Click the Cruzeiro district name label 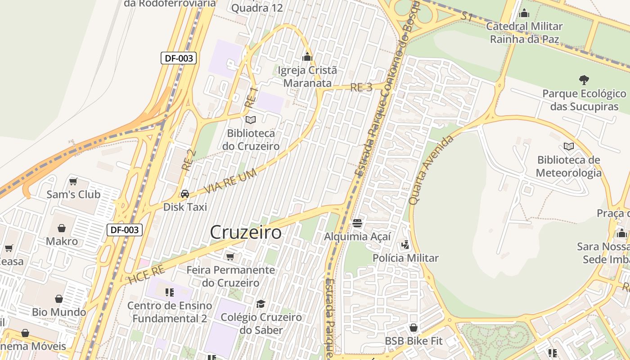click(246, 233)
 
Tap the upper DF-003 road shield click(179, 58)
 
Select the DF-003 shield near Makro click(125, 230)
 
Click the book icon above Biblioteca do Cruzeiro click(250, 120)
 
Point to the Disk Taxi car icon click(184, 194)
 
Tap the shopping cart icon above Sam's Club click(73, 181)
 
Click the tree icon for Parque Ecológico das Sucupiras click(584, 80)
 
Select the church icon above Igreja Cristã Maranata click(307, 57)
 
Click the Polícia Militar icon click(405, 245)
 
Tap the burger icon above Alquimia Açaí click(357, 223)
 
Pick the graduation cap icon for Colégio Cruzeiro click(261, 304)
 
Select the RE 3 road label click(361, 87)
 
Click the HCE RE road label click(146, 274)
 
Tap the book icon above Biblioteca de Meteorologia click(568, 147)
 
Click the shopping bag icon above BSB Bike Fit click(414, 328)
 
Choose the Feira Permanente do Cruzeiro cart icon click(230, 256)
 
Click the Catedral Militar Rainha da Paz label click(524, 32)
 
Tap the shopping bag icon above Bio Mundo click(59, 299)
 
